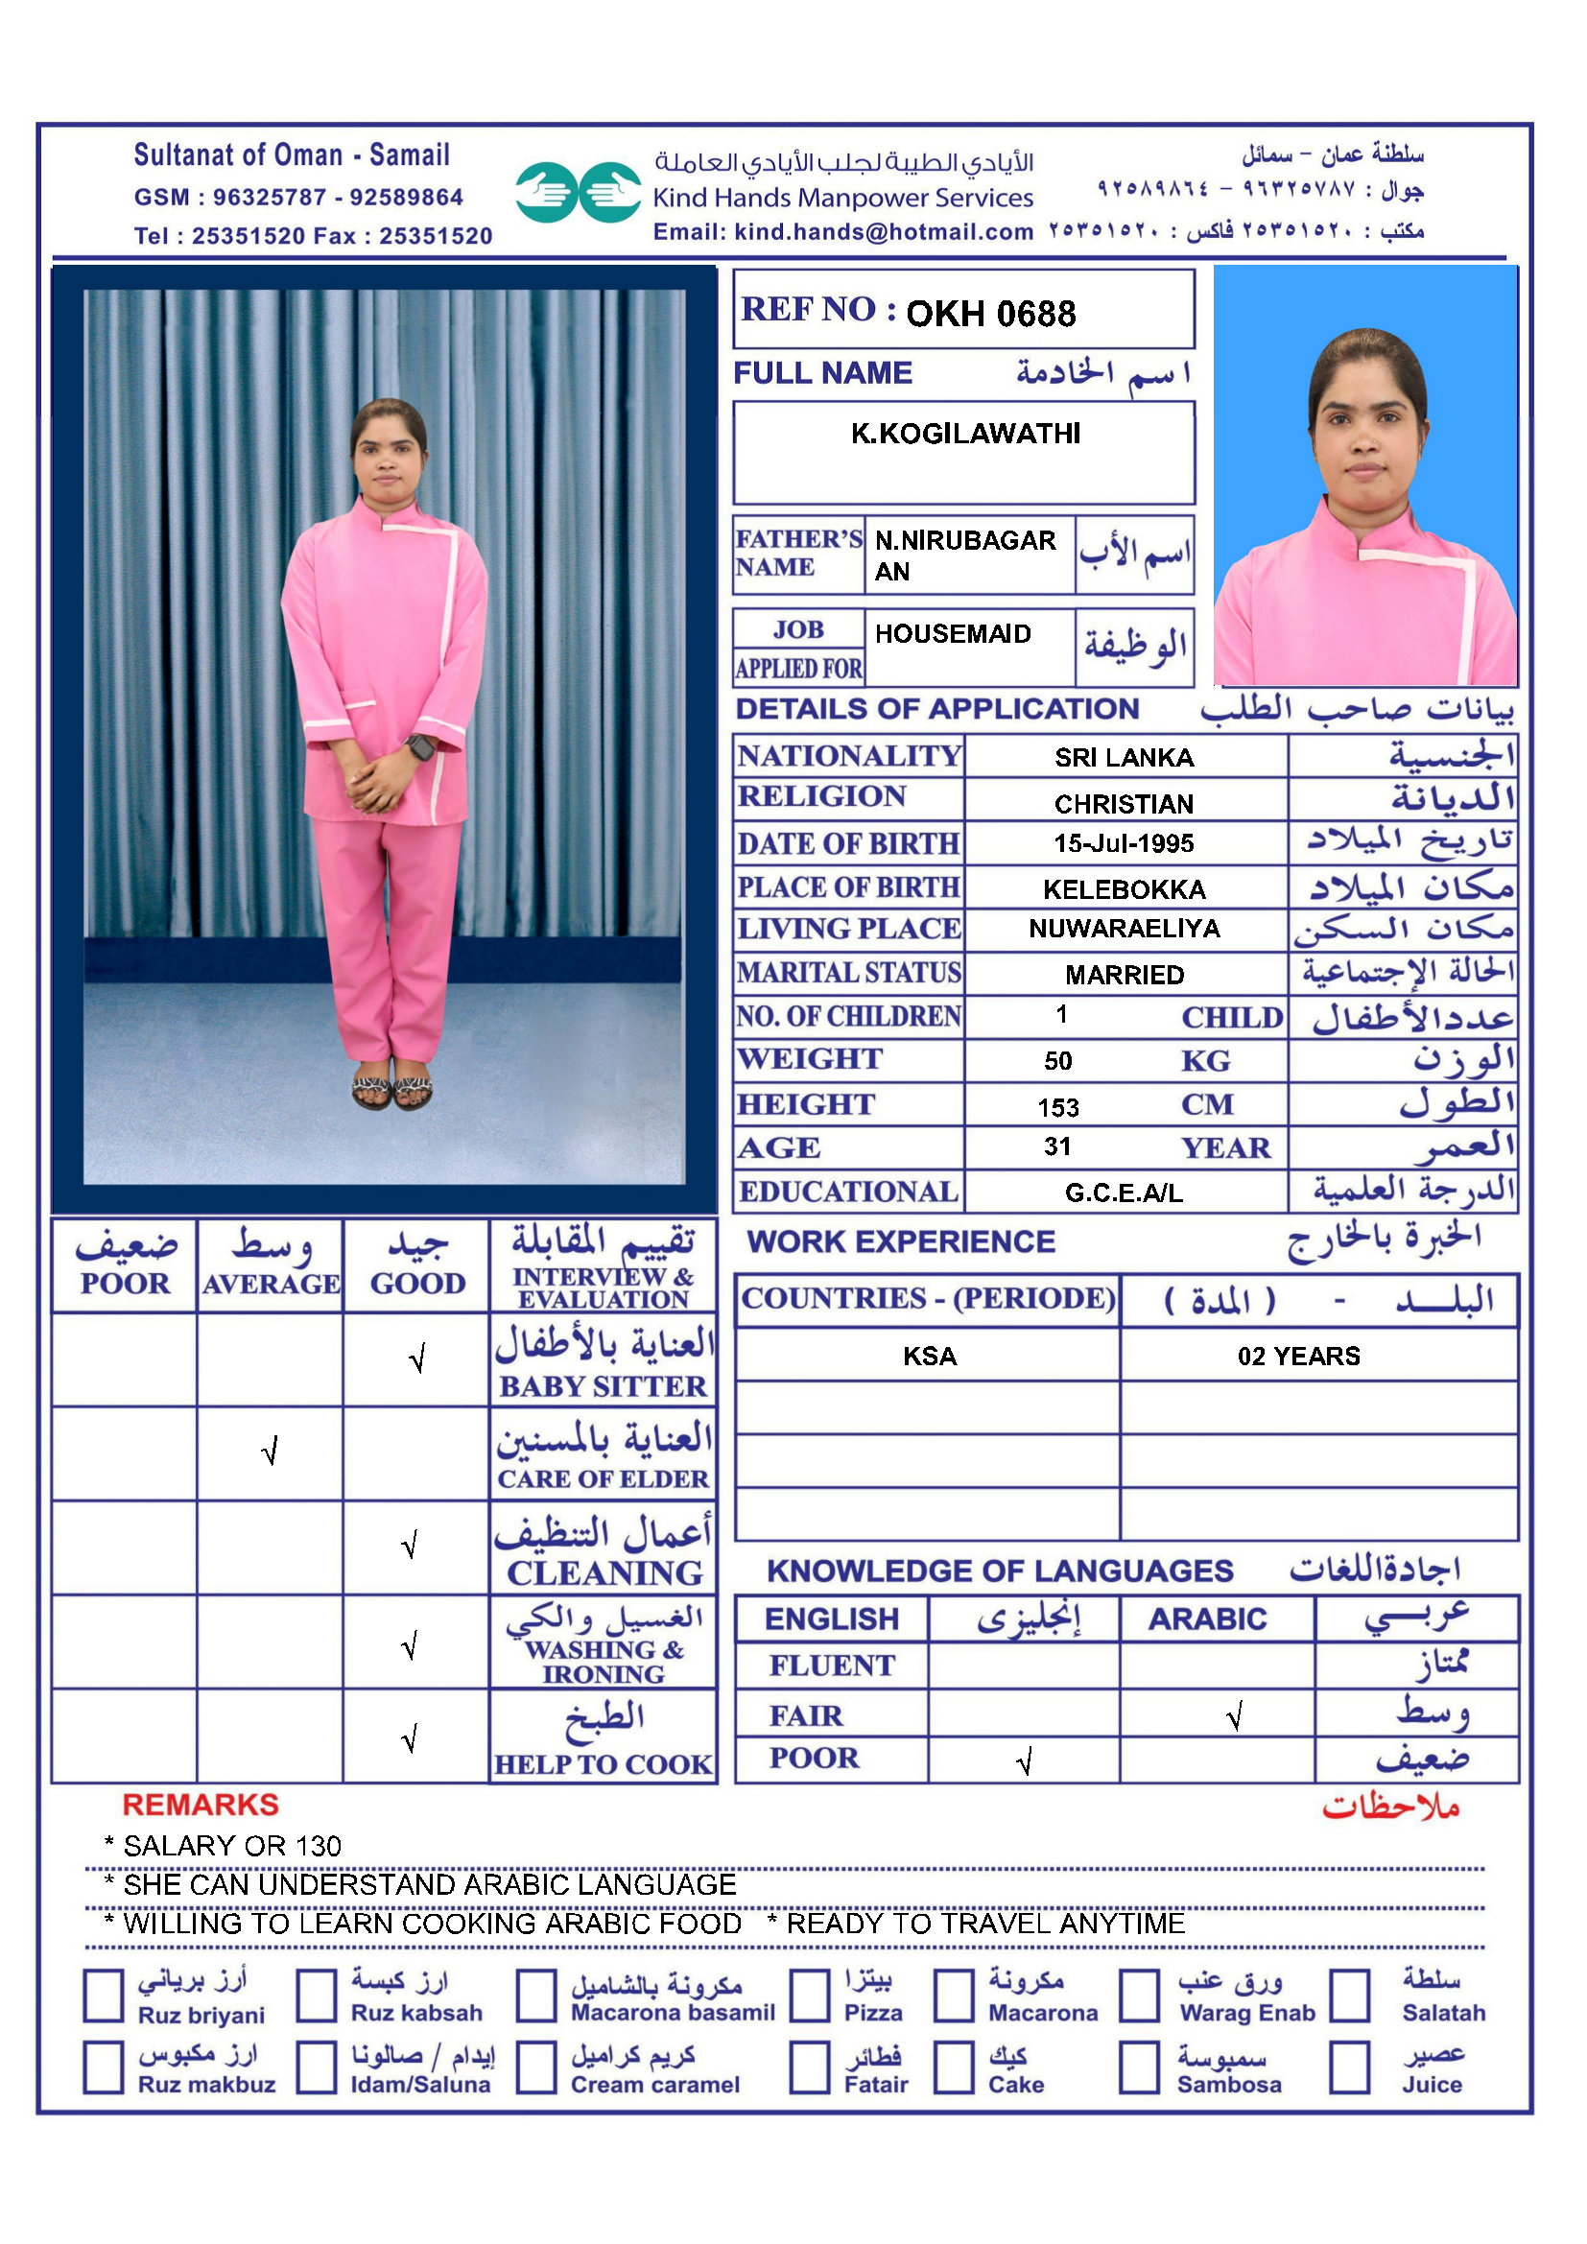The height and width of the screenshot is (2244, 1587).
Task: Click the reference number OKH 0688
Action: point(990,314)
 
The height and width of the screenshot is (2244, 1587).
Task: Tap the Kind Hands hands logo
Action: point(578,193)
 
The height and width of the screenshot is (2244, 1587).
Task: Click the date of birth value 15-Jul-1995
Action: point(1124,843)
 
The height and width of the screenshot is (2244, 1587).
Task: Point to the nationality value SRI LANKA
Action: point(1124,758)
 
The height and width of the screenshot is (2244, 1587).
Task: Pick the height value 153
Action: point(1058,1107)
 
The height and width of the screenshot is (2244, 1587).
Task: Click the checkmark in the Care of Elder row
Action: point(271,1452)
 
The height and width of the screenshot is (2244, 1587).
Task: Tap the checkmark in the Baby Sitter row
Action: point(417,1358)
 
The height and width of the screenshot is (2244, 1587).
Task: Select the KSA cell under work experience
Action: point(930,1356)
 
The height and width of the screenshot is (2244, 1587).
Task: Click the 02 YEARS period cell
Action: point(1299,1356)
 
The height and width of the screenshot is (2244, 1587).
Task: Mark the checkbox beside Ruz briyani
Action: point(104,1995)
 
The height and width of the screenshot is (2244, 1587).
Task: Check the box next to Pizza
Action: point(810,1995)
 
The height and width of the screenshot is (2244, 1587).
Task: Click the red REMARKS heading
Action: point(201,1806)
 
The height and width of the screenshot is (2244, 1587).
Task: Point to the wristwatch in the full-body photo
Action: point(420,747)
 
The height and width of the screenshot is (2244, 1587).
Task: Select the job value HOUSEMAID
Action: point(953,634)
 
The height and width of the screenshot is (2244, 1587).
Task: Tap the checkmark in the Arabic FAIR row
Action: point(1234,1716)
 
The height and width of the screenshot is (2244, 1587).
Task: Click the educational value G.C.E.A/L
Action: point(1124,1193)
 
